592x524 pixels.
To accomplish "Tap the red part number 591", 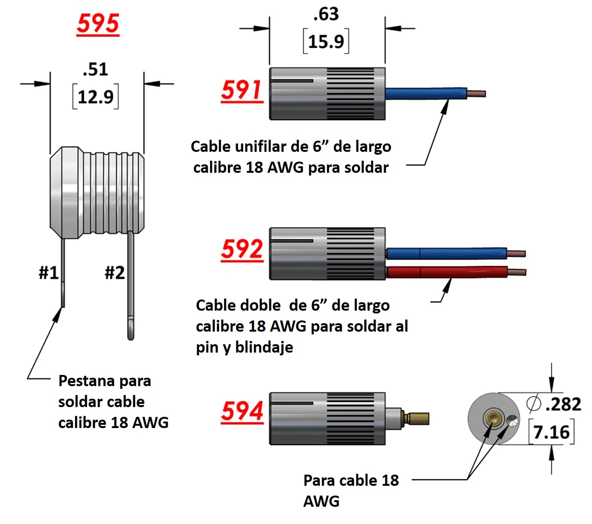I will [242, 90].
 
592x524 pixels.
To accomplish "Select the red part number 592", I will [242, 250].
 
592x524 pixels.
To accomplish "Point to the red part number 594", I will [242, 411].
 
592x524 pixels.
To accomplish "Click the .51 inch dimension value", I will [95, 69].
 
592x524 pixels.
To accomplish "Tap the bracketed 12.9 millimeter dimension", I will [95, 97].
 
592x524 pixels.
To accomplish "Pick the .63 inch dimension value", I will [326, 14].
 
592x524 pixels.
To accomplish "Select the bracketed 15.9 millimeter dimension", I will [326, 41].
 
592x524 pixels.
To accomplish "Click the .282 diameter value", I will [563, 404].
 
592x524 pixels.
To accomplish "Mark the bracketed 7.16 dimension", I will [551, 432].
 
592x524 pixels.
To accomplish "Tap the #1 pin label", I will [48, 272].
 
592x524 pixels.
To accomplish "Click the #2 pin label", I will [115, 272].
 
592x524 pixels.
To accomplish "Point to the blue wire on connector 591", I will [426, 93].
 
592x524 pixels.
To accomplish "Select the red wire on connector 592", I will [447, 272].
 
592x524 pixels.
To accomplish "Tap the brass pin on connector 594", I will [417, 418].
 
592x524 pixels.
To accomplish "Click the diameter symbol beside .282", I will [534, 403].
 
